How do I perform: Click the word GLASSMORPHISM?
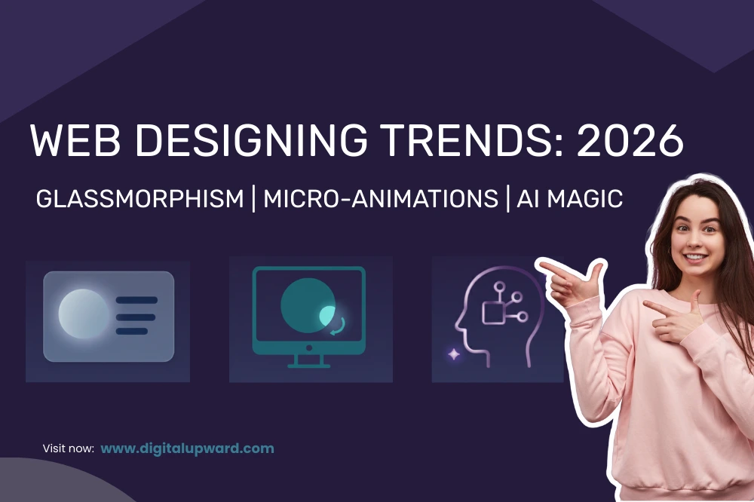click(140, 199)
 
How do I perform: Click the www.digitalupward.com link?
click(187, 448)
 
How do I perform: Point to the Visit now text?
click(68, 449)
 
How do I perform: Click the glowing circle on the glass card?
click(83, 313)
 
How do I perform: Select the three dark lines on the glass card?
click(136, 315)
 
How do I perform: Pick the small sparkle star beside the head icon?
click(453, 353)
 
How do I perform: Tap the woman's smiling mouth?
click(695, 258)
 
